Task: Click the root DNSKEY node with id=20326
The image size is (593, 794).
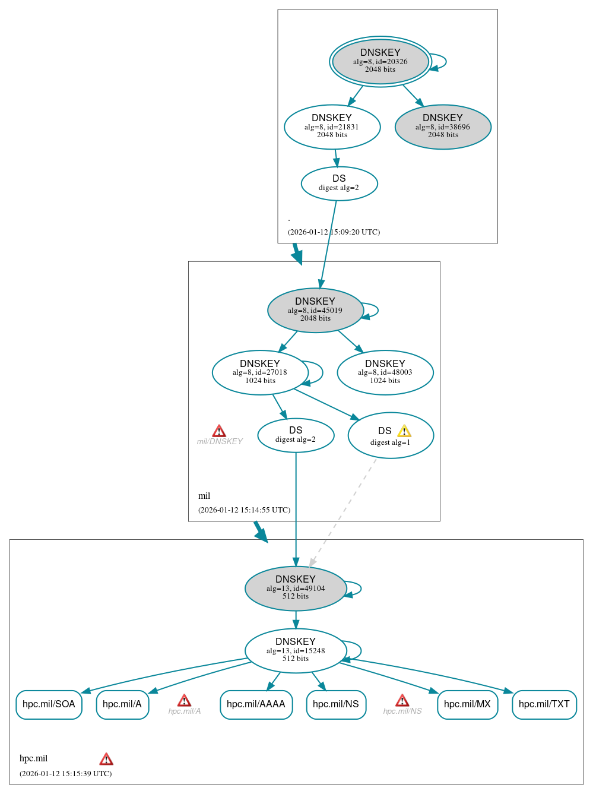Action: (380, 61)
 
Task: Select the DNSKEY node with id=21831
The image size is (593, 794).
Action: (332, 126)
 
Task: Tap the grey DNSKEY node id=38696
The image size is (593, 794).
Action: (443, 126)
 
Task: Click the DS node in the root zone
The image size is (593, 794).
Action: (339, 184)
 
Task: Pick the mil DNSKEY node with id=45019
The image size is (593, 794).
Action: (315, 310)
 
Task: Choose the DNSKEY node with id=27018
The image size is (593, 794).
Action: (260, 372)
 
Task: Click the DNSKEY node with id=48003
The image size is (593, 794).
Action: (385, 372)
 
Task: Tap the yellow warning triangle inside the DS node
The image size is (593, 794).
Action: (404, 431)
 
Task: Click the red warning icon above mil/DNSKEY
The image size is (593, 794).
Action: (219, 431)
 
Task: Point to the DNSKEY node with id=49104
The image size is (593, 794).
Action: (295, 588)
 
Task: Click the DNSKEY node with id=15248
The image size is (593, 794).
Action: (295, 650)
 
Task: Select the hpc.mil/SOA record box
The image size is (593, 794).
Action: (49, 704)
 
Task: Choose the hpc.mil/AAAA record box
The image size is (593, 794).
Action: (256, 704)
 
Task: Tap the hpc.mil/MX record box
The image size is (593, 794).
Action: (467, 704)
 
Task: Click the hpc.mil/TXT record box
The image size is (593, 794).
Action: (544, 704)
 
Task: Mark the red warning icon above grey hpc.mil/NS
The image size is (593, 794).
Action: (402, 700)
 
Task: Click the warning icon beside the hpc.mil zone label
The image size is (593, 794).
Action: (106, 759)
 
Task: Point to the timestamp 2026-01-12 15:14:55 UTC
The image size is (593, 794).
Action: (244, 510)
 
